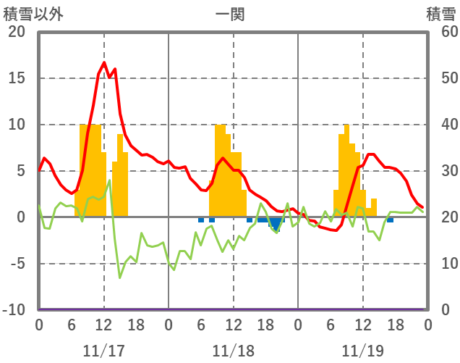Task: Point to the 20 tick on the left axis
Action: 16,32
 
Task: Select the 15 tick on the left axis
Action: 16,78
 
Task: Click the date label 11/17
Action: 103,351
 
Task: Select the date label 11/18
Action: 233,351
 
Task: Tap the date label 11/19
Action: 363,351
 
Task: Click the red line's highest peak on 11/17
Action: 104,63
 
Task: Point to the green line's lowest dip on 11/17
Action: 120,278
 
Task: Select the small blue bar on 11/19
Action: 390,220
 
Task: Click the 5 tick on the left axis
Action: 20,171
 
